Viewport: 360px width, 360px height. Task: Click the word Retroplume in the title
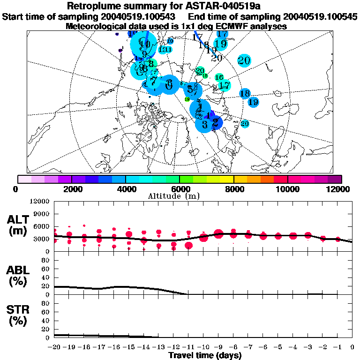[x=96, y=6]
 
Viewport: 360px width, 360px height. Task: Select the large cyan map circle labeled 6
[x=169, y=84]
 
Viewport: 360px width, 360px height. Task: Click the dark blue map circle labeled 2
[x=215, y=122]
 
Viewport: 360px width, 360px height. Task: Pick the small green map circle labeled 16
[x=219, y=77]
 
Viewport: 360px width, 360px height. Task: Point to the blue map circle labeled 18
[x=245, y=94]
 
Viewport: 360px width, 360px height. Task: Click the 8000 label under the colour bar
[x=234, y=189]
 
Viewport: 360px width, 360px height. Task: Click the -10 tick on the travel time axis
[x=203, y=347]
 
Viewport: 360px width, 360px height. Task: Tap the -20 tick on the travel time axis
[x=54, y=347]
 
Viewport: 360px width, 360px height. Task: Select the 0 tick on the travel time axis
[x=352, y=347]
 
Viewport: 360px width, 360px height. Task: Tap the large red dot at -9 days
[x=218, y=233]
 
